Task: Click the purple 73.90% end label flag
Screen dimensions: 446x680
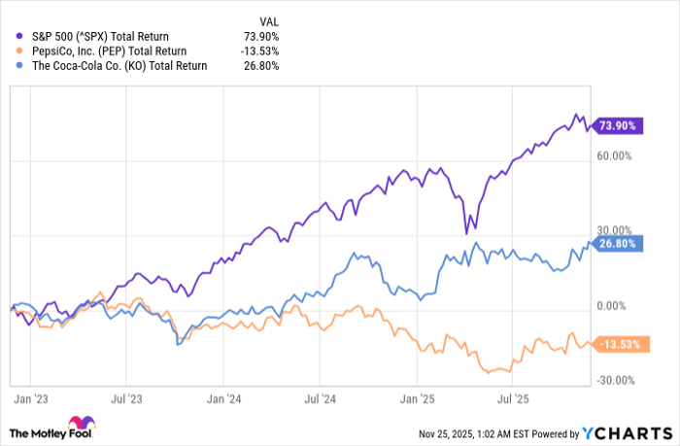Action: [x=621, y=125]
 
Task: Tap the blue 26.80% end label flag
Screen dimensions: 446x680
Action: [x=621, y=245]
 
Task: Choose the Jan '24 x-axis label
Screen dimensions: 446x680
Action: [x=224, y=397]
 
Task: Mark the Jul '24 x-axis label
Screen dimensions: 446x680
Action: [x=321, y=397]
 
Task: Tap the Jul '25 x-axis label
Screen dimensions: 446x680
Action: [x=513, y=397]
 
